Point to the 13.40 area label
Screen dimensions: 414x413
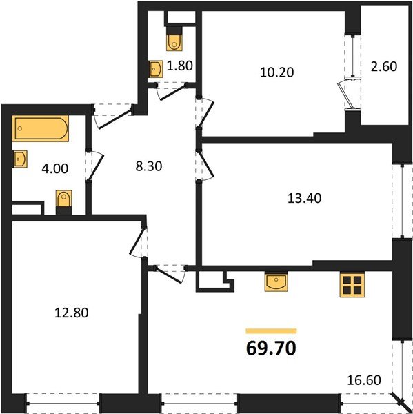pos(304,198)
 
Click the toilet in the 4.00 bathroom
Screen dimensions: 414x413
pos(64,201)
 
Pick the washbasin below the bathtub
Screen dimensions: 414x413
pos(20,159)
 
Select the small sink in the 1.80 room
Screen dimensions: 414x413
pos(156,69)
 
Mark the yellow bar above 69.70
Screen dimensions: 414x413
pos(271,331)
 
